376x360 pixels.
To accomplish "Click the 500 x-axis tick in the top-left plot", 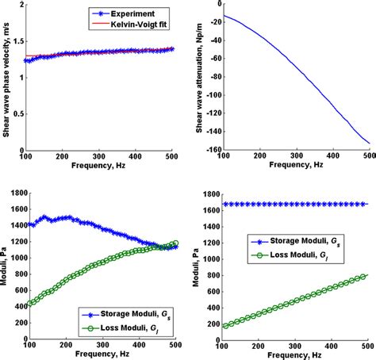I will pos(175,159).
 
